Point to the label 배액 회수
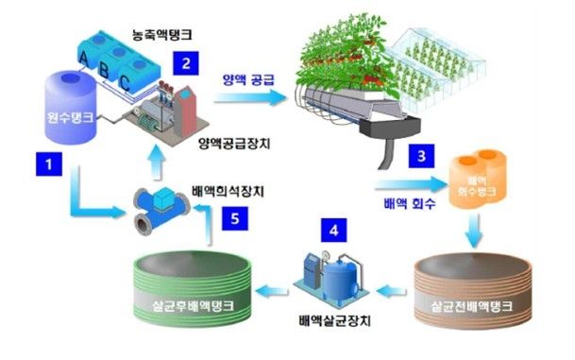(409, 203)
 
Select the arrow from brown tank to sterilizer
(396, 283)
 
